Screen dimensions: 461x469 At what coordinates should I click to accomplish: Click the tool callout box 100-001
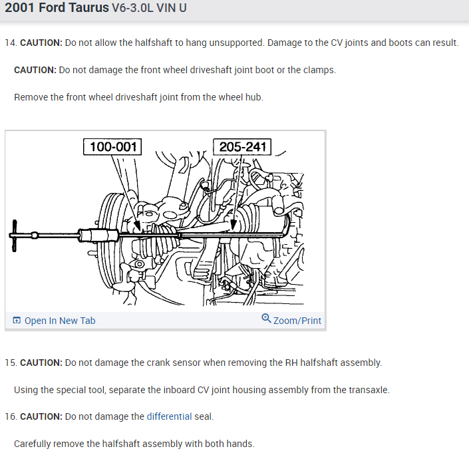pos(112,146)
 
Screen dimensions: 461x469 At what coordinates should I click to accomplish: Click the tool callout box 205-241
pos(242,146)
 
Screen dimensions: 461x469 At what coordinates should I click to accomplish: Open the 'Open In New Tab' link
pos(59,321)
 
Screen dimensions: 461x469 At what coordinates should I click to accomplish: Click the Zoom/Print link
pos(297,321)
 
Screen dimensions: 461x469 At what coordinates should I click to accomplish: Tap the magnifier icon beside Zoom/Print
pos(266,319)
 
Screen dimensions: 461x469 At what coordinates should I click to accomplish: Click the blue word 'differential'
pos(169,416)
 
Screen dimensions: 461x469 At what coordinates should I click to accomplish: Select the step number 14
pos(9,43)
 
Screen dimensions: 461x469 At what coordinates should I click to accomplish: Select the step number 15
pos(9,363)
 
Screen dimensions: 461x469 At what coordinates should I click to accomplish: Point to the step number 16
pos(9,416)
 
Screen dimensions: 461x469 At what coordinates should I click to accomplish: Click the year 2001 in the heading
pos(19,9)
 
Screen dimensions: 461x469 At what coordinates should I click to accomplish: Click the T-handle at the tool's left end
pos(15,234)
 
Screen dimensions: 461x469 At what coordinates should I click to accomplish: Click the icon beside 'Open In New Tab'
pos(17,321)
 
